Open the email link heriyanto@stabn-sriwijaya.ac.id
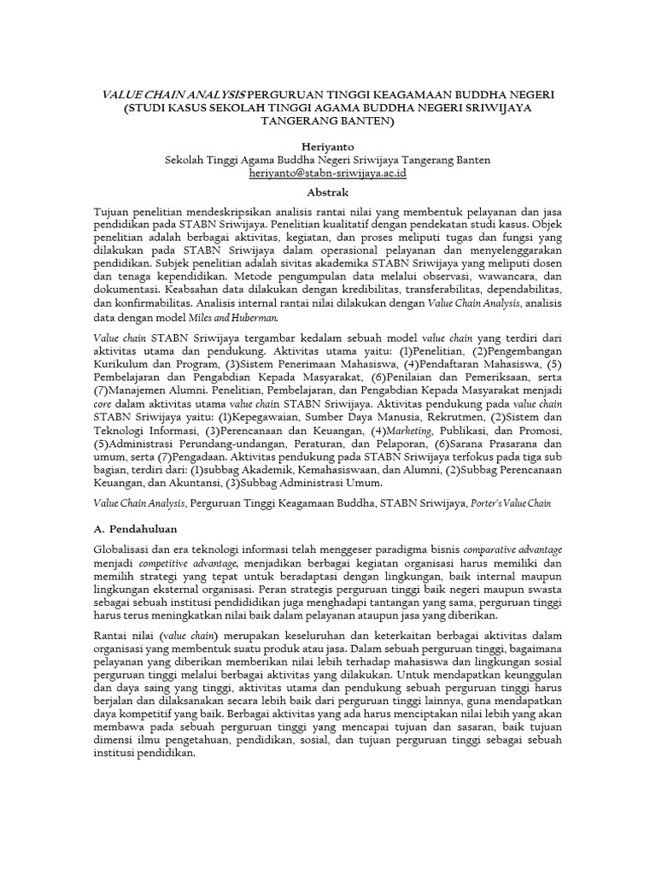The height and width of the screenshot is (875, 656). point(328,173)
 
